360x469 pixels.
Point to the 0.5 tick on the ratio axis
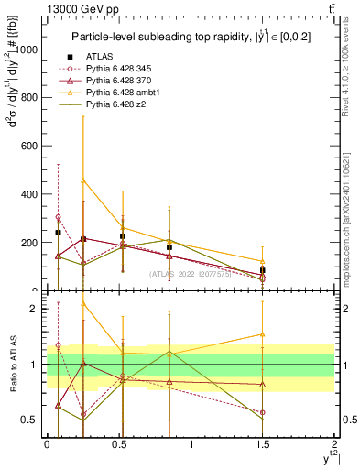coord(33,420)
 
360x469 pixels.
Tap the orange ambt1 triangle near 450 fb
coord(83,181)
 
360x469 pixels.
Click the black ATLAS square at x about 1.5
coord(263,270)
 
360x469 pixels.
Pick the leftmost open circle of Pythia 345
coord(59,217)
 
